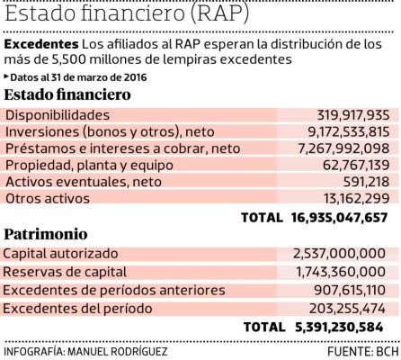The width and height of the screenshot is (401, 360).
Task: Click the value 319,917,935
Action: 341,114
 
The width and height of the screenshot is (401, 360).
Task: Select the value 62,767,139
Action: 345,165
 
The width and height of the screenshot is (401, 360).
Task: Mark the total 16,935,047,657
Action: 339,218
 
